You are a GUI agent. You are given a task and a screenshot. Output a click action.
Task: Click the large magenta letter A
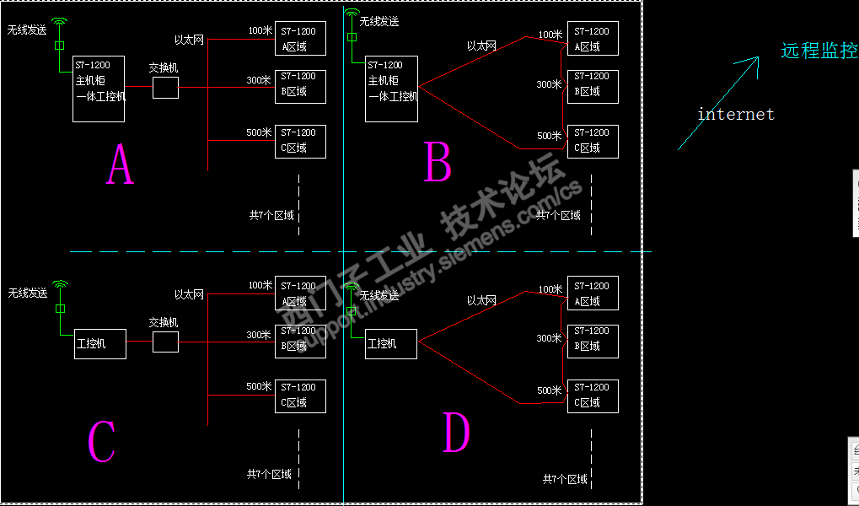[x=120, y=164]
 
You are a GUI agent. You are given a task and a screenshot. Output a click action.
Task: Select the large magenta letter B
[x=438, y=162]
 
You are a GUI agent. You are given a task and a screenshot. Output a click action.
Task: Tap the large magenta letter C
[x=101, y=441]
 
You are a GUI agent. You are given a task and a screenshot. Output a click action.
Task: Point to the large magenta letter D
[x=456, y=433]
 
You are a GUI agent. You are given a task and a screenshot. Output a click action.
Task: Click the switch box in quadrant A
[x=165, y=88]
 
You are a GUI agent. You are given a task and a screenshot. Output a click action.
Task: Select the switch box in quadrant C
[x=165, y=342]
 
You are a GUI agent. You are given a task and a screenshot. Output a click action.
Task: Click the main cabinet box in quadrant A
[x=99, y=89]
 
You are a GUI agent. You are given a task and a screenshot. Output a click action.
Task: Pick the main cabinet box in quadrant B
[x=392, y=89]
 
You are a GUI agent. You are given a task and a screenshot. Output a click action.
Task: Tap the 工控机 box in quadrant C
[x=100, y=344]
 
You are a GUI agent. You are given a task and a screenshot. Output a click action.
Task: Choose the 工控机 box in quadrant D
[x=391, y=344]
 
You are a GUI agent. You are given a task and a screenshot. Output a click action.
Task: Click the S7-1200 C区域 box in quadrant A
[x=300, y=141]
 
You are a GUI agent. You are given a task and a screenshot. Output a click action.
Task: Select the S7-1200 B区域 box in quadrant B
[x=593, y=86]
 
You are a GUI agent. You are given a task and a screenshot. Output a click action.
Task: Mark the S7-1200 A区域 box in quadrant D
[x=593, y=293]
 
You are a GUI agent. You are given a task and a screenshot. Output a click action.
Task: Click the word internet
[x=735, y=114]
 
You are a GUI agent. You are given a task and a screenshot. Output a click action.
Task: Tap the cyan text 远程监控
[x=819, y=51]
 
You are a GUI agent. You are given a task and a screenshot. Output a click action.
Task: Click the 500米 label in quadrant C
[x=259, y=386]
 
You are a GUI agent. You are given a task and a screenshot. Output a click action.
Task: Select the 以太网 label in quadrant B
[x=481, y=46]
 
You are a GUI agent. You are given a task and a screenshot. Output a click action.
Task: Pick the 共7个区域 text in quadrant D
[x=565, y=479]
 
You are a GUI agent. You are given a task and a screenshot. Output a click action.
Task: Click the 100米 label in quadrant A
[x=260, y=30]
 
